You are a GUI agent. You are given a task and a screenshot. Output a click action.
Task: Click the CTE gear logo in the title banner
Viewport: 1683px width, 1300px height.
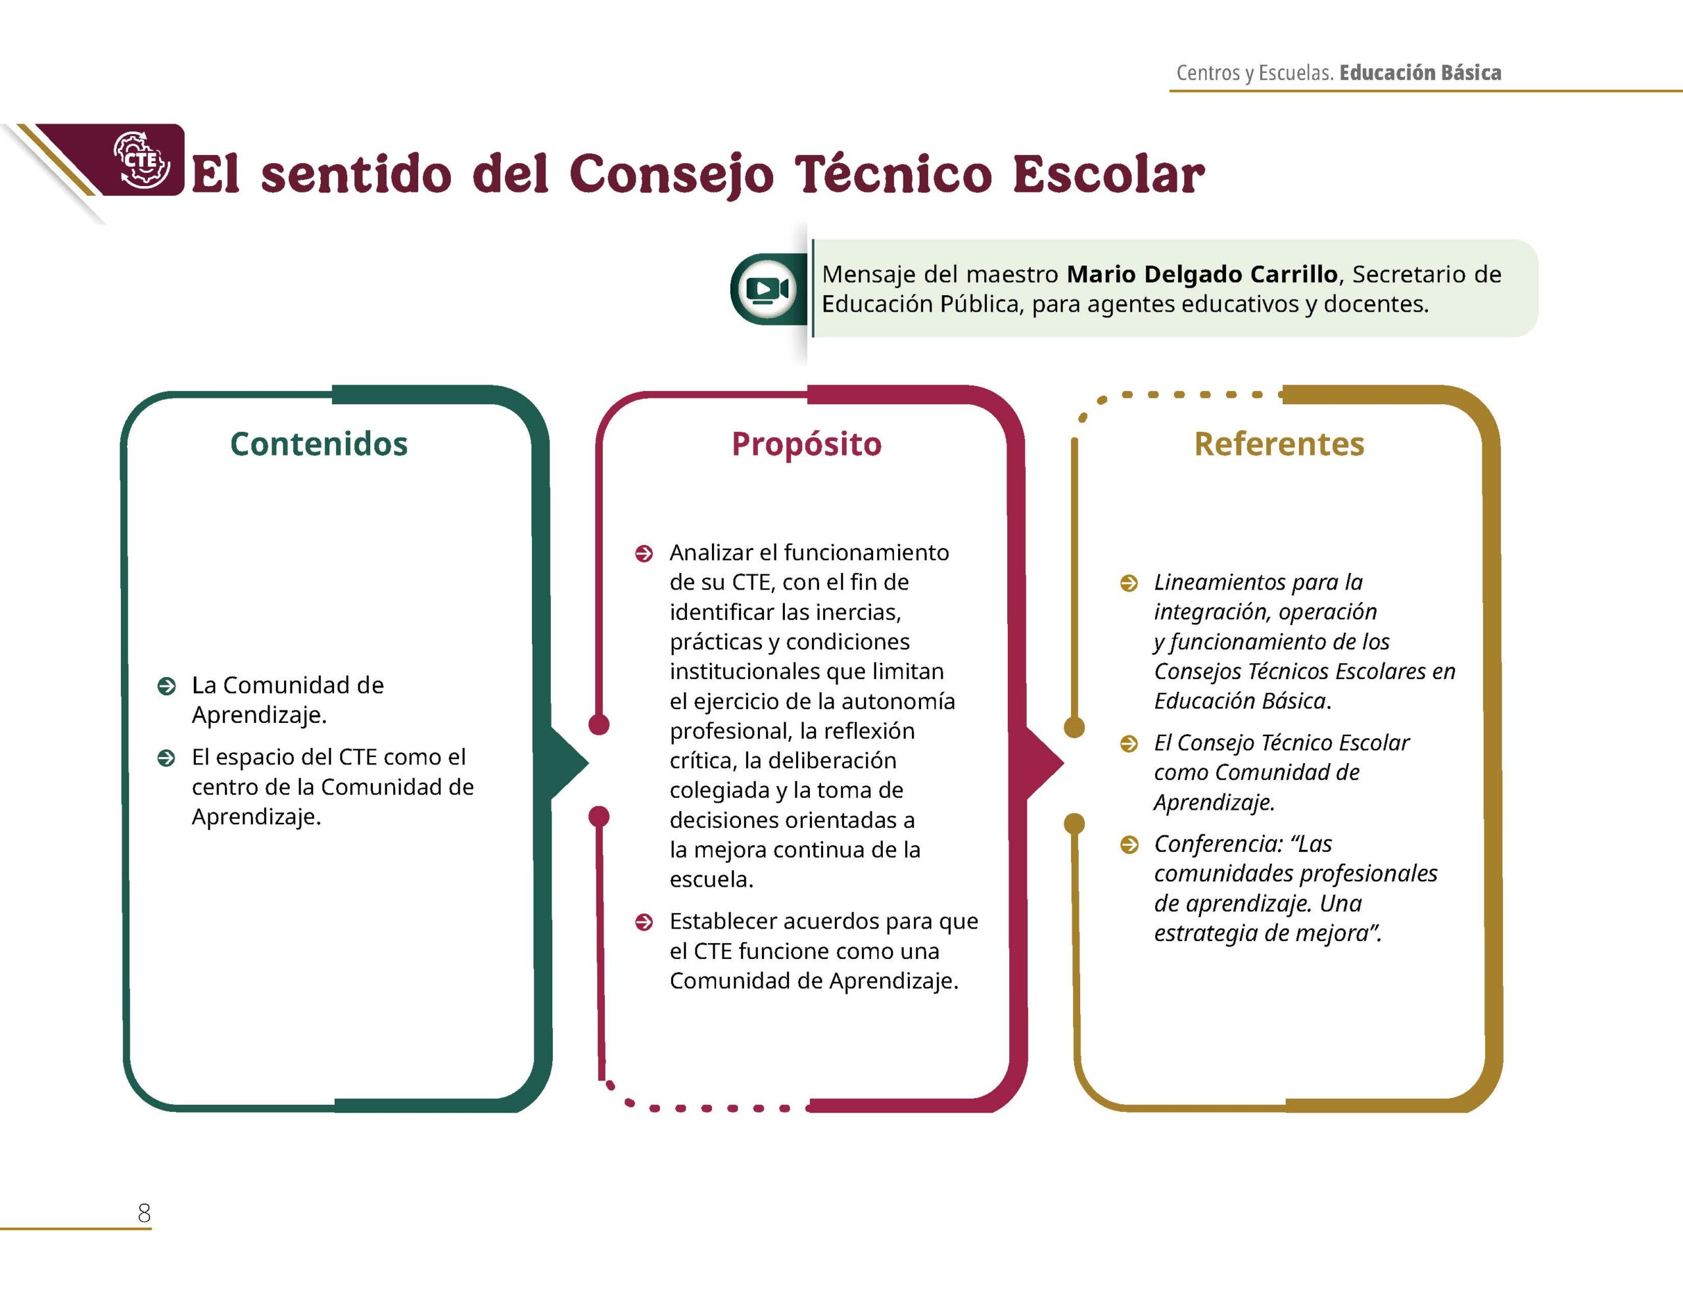tap(142, 160)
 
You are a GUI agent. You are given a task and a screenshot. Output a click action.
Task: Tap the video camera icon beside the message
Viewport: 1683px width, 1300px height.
tap(767, 289)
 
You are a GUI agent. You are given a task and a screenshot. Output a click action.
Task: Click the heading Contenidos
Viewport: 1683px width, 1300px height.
tap(319, 444)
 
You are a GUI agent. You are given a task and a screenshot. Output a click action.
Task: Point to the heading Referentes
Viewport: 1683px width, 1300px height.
tap(1279, 444)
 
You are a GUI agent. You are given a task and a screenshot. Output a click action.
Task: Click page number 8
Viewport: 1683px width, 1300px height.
tap(144, 1213)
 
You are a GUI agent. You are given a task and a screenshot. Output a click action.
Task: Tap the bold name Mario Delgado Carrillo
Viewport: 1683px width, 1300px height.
tap(1202, 273)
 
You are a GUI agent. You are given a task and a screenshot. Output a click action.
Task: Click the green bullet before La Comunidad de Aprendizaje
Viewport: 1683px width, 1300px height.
tap(166, 686)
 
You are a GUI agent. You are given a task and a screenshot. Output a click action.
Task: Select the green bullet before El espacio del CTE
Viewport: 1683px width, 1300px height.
tap(166, 758)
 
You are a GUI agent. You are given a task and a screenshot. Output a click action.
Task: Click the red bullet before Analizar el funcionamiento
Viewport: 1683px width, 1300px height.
tap(644, 553)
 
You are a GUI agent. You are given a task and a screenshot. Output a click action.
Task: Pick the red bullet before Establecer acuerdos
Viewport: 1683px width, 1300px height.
tap(644, 922)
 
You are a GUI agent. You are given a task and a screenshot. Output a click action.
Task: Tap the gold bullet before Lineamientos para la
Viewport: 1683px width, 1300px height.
tap(1128, 584)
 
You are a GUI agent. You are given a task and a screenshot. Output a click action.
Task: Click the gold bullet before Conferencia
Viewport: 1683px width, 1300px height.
tap(1128, 845)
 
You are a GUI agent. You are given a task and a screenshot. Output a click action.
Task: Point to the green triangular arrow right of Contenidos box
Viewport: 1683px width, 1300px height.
tap(569, 762)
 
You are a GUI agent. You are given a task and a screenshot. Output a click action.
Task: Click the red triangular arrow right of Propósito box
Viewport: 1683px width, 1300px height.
tap(1044, 762)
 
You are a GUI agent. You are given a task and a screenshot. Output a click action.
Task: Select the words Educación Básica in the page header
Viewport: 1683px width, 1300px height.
tap(1420, 72)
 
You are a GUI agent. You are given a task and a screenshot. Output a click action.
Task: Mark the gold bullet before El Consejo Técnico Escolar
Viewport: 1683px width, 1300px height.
tap(1128, 743)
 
